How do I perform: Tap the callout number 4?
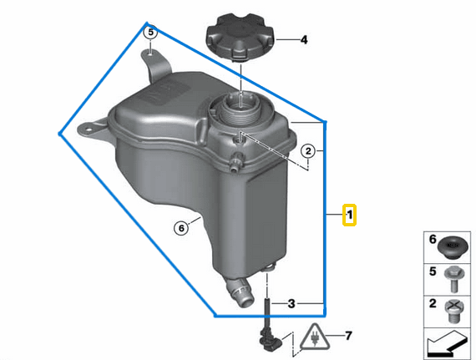[x=304, y=39]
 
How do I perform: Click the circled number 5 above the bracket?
[x=150, y=33]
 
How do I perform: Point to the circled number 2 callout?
[x=308, y=151]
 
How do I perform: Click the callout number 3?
[x=291, y=302]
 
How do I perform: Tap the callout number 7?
[x=349, y=337]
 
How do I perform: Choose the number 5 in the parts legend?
[x=433, y=271]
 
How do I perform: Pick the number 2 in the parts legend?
[x=433, y=303]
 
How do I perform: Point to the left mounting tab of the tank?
[x=87, y=131]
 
